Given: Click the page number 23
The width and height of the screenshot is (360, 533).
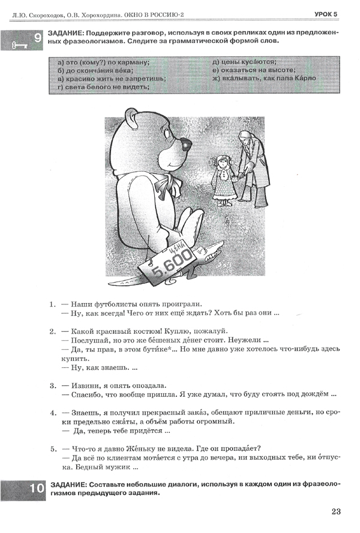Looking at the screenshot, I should pos(335,511).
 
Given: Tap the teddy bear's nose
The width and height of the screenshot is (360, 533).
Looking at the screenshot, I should pos(186,145).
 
